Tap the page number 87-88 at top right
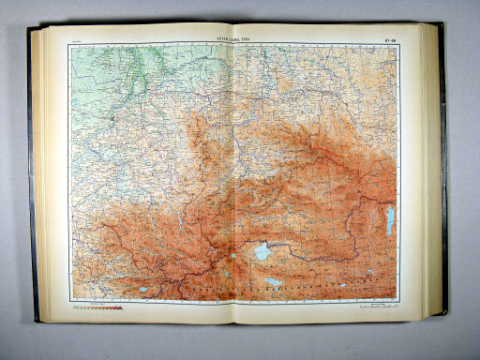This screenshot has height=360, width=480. pyautogui.click(x=391, y=38)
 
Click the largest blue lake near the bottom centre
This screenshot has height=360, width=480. pyautogui.click(x=262, y=252)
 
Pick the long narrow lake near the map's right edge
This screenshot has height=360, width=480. pyautogui.click(x=389, y=221)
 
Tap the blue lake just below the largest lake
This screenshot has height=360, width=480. pyautogui.click(x=273, y=280)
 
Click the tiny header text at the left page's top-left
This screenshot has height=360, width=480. pyautogui.click(x=77, y=39)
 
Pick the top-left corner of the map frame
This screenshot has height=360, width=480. pyautogui.click(x=70, y=43)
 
